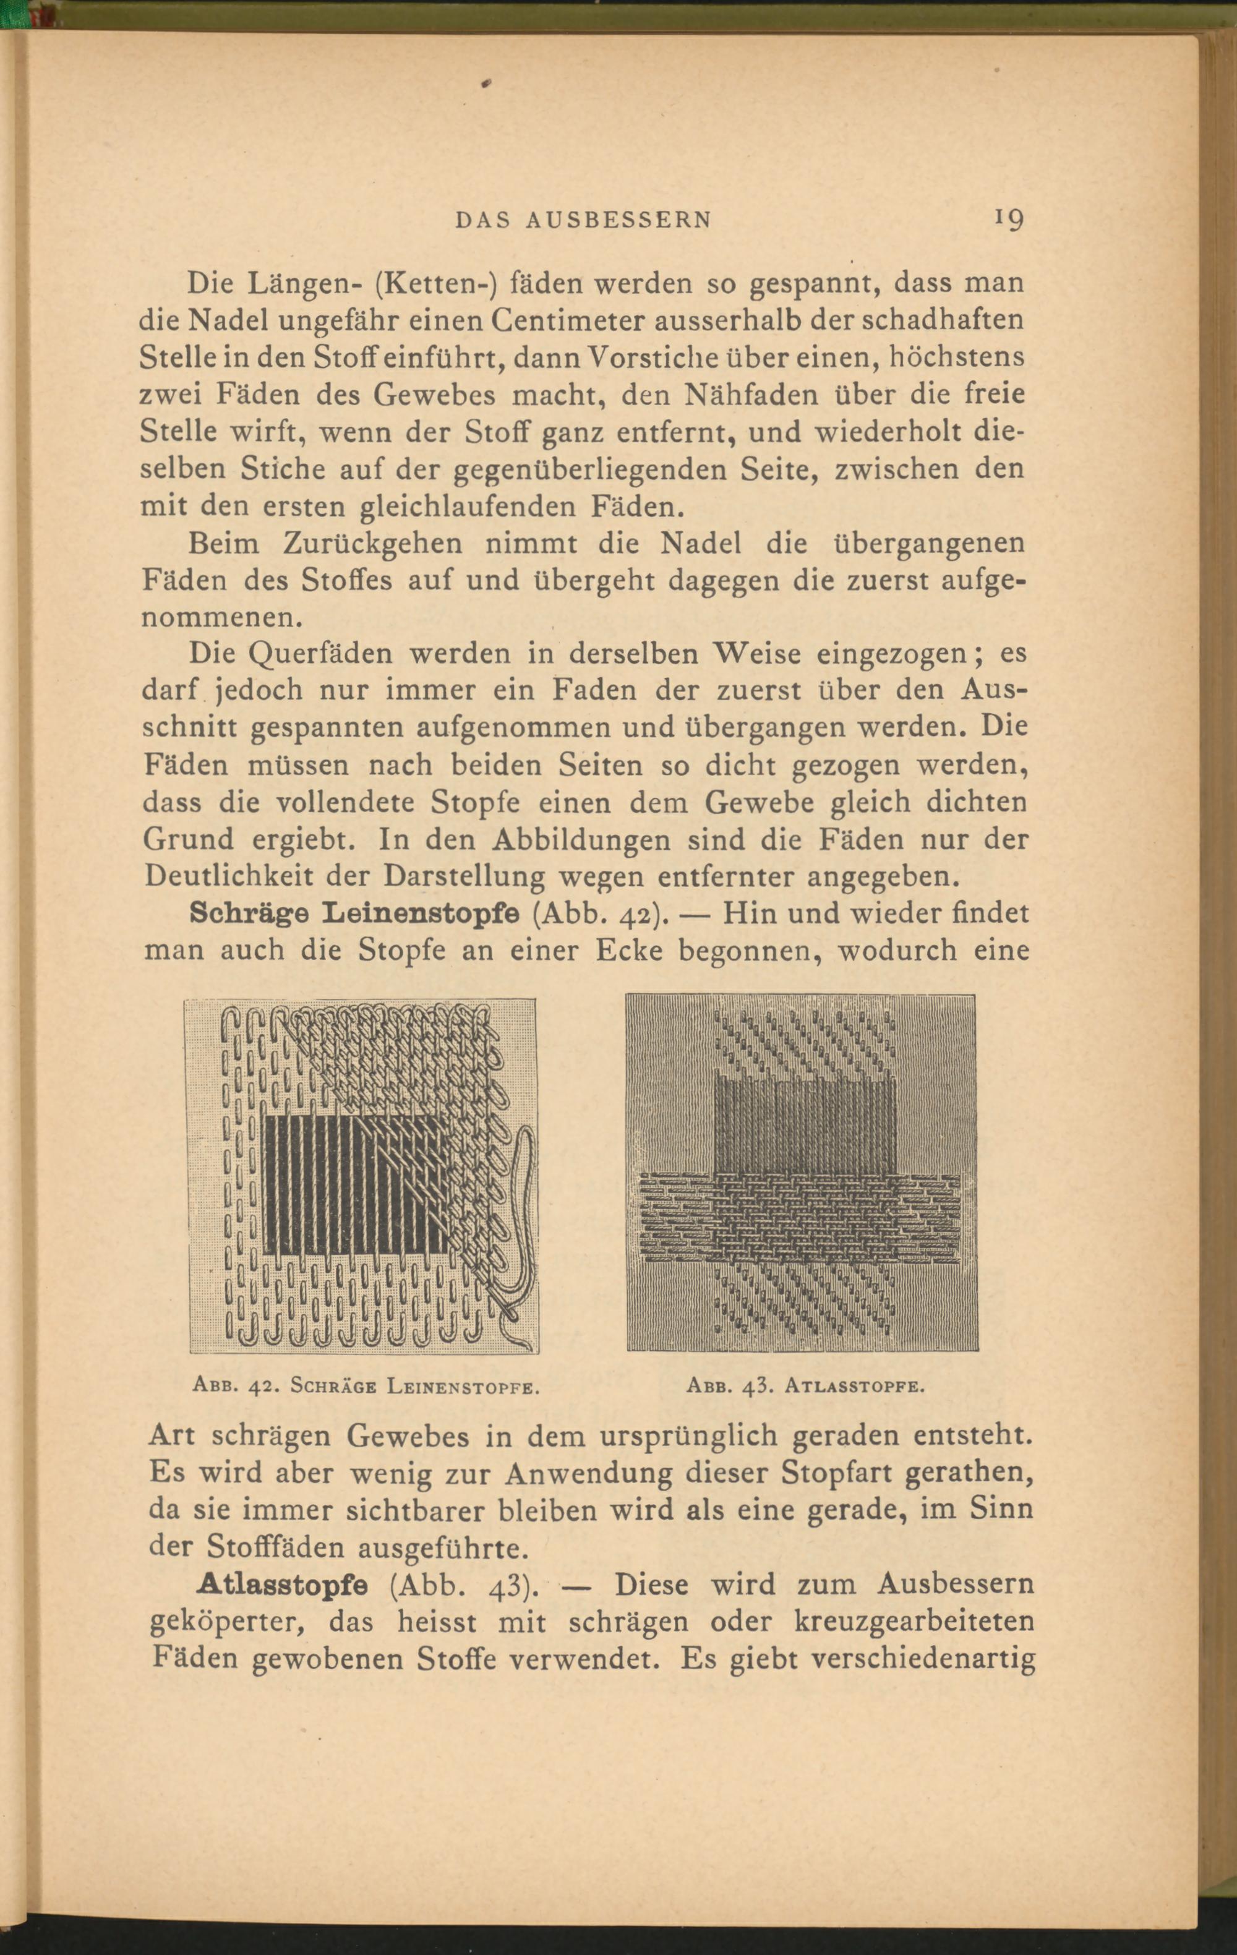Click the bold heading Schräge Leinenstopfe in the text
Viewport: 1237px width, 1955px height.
click(354, 913)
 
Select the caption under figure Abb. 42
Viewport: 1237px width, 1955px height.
click(366, 1386)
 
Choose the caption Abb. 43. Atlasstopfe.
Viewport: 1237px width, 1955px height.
click(805, 1386)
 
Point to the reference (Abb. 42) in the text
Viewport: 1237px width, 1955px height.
click(601, 914)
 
